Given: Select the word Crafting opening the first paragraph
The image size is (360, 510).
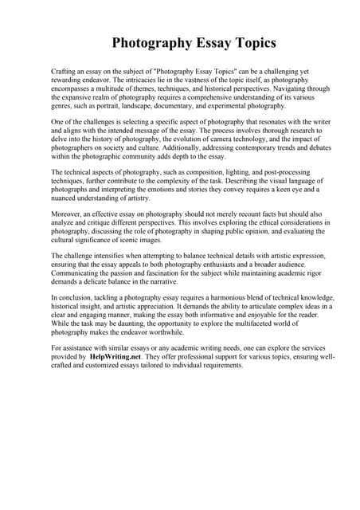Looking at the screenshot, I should click(65, 72).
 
